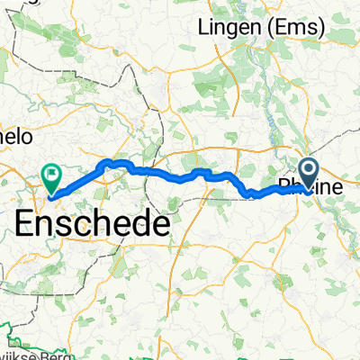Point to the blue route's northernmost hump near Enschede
[x=112, y=161]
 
